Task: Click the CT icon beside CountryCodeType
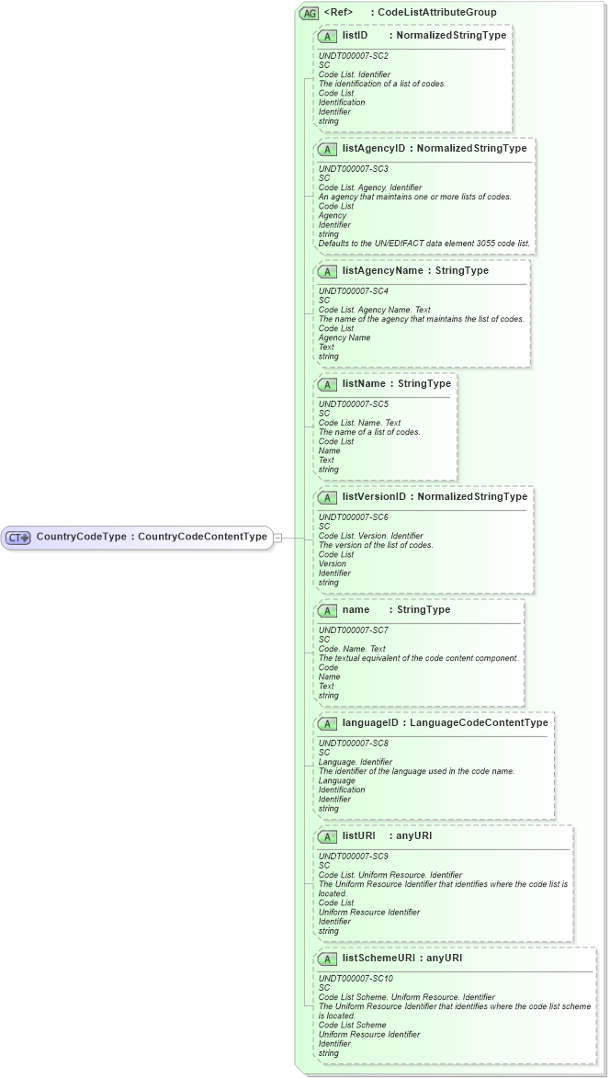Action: (19, 537)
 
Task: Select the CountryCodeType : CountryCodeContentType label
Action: (152, 536)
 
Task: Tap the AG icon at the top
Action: (309, 12)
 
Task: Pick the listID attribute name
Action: (356, 35)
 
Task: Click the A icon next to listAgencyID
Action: (327, 148)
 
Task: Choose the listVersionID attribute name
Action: (374, 496)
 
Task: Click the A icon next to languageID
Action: (327, 723)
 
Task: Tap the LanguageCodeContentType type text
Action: (479, 722)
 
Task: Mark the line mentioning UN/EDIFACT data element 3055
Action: (424, 244)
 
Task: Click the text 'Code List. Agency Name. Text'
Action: (374, 310)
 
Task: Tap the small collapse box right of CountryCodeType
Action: (278, 537)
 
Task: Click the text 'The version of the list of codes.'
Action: (376, 545)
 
